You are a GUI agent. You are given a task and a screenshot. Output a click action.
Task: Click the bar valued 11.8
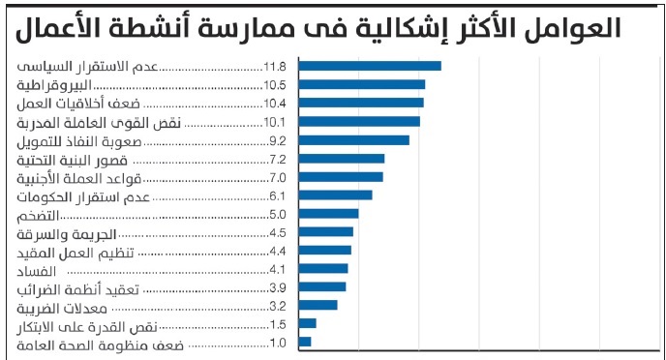369,66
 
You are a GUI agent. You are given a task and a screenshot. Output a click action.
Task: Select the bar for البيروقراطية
361,84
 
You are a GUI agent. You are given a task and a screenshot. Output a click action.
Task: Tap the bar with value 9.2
353,139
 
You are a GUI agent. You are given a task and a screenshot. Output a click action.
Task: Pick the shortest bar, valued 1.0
304,342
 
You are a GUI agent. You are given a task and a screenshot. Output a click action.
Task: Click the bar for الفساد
322,268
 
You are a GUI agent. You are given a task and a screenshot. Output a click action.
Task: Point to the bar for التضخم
328,213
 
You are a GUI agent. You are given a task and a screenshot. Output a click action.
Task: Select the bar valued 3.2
318,305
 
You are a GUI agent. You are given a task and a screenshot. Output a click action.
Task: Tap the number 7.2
278,159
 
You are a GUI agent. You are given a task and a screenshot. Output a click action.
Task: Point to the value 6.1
278,195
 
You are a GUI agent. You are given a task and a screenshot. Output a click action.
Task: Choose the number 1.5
278,324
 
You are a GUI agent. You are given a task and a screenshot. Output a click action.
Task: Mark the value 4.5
278,232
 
